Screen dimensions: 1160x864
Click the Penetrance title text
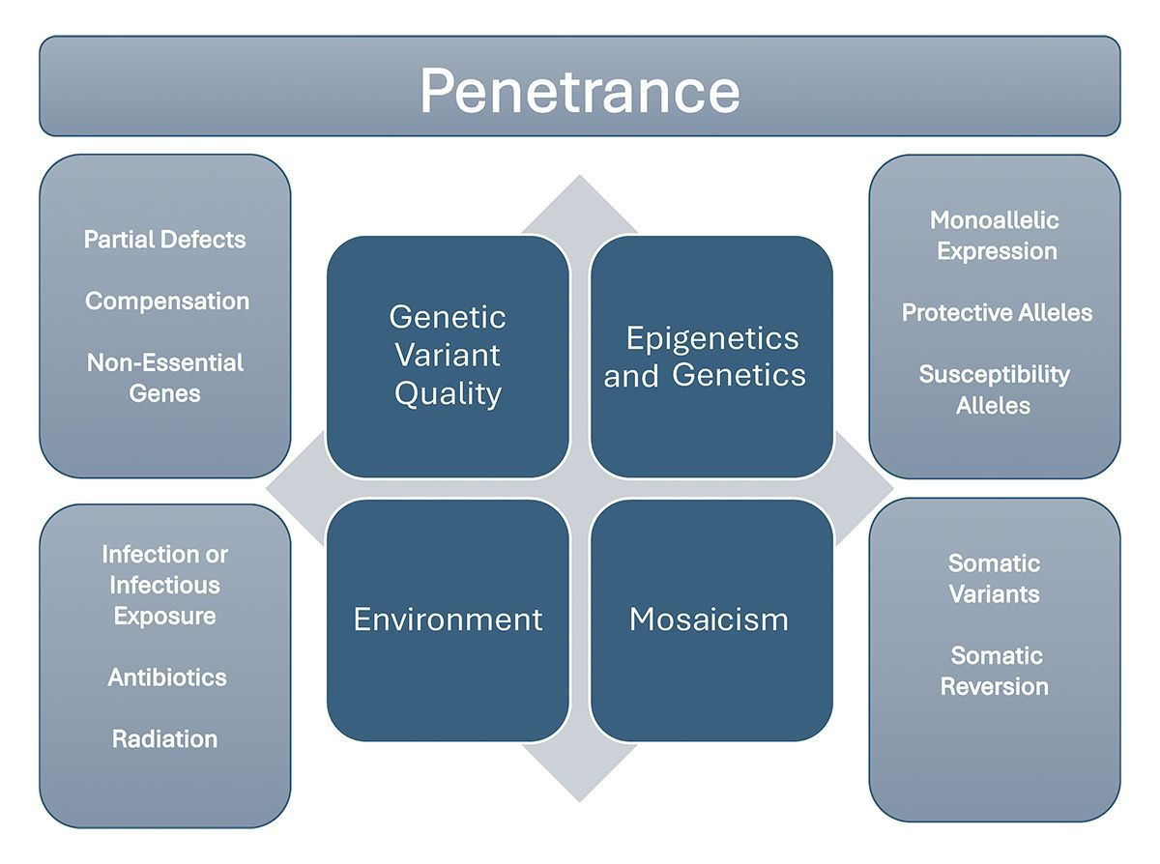coord(579,90)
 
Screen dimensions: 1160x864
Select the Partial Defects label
coord(164,240)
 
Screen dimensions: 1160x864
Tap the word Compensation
coord(167,302)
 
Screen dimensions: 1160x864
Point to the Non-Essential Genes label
coord(164,378)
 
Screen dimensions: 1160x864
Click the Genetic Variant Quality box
coord(448,357)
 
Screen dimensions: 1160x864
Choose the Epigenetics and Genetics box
coord(711,357)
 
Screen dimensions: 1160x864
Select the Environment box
coord(448,620)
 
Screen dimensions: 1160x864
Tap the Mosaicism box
coord(711,620)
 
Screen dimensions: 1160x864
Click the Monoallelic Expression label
coord(995,236)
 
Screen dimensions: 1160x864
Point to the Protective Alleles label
coord(997,312)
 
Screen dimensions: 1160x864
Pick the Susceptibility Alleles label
coord(994,389)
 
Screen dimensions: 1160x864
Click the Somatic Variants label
coord(994,579)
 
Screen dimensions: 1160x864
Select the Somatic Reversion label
coord(994,671)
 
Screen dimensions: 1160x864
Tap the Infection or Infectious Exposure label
coord(164,585)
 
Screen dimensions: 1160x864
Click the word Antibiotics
coord(167,677)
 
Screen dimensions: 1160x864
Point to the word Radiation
coord(164,739)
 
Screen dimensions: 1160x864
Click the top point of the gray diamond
coord(579,175)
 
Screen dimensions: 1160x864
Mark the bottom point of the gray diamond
coord(579,802)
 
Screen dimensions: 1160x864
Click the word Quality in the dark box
coord(448,393)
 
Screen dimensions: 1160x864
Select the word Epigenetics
coord(712,339)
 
